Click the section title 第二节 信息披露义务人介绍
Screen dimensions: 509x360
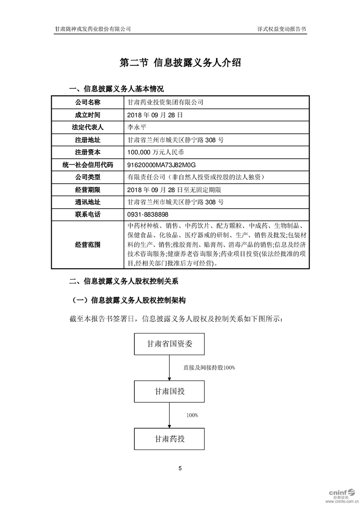pyautogui.click(x=180, y=63)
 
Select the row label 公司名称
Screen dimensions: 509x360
pyautogui.click(x=88, y=103)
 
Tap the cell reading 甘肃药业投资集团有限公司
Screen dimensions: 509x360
pyautogui.click(x=166, y=103)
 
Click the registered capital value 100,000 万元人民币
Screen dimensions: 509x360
pyautogui.click(x=157, y=152)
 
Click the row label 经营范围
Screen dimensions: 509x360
pyautogui.click(x=88, y=245)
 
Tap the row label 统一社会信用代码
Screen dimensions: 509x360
pyautogui.click(x=88, y=165)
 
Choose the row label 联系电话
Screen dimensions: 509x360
pyautogui.click(x=88, y=214)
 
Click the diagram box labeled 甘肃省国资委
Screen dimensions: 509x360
pyautogui.click(x=170, y=344)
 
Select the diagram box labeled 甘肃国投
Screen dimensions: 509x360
pyautogui.click(x=170, y=391)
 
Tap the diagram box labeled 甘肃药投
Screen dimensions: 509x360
pyautogui.click(x=170, y=439)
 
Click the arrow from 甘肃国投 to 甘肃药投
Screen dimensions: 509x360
pyautogui.click(x=170, y=415)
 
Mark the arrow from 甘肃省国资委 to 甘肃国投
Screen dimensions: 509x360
pyautogui.click(x=170, y=367)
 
